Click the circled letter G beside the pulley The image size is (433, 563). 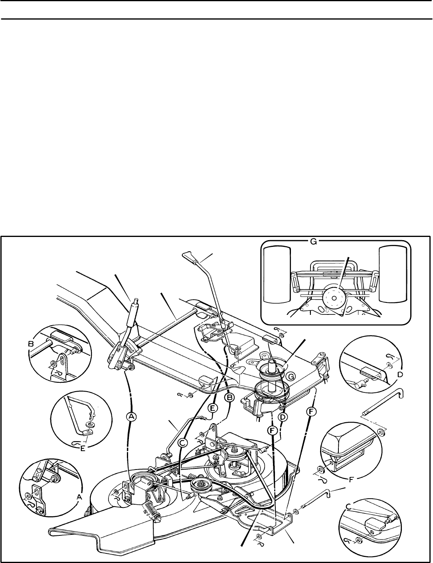tap(292, 376)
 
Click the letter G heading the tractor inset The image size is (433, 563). tap(314, 242)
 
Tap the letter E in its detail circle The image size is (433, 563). tap(83, 448)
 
